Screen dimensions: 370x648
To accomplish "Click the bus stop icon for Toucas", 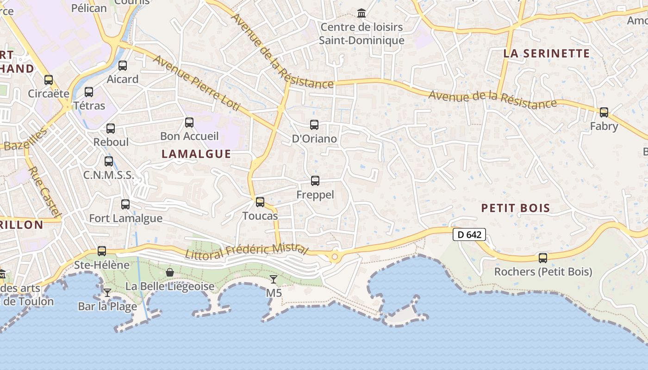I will pyautogui.click(x=260, y=202).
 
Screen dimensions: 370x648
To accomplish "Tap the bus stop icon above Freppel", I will pyautogui.click(x=315, y=181).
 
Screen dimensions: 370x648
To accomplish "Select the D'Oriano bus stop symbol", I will pyautogui.click(x=314, y=125).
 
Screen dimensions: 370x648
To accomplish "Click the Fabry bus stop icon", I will pyautogui.click(x=604, y=112).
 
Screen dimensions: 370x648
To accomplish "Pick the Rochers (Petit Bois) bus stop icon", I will pyautogui.click(x=543, y=258).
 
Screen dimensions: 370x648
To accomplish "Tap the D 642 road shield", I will pyautogui.click(x=469, y=235).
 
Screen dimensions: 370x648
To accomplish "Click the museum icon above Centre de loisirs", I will pyautogui.click(x=361, y=13).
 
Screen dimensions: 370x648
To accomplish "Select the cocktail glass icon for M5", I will pyautogui.click(x=274, y=279).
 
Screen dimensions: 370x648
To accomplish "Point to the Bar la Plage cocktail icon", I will pyautogui.click(x=107, y=293).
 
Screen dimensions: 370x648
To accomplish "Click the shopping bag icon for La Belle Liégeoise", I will pyautogui.click(x=170, y=272).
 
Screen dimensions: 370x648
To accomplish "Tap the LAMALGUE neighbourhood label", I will pyautogui.click(x=196, y=154).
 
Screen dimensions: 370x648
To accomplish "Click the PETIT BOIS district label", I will pyautogui.click(x=516, y=208).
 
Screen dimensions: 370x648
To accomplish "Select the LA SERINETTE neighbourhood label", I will pyautogui.click(x=547, y=53).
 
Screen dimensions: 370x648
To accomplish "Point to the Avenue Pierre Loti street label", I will pyautogui.click(x=197, y=83).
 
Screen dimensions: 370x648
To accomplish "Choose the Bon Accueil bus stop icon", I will pyautogui.click(x=189, y=123).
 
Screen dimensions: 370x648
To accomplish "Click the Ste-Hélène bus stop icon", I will pyautogui.click(x=102, y=251).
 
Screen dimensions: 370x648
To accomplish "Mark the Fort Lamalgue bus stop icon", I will pyautogui.click(x=125, y=204).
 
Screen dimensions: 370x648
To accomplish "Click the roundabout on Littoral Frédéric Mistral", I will pyautogui.click(x=335, y=256).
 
